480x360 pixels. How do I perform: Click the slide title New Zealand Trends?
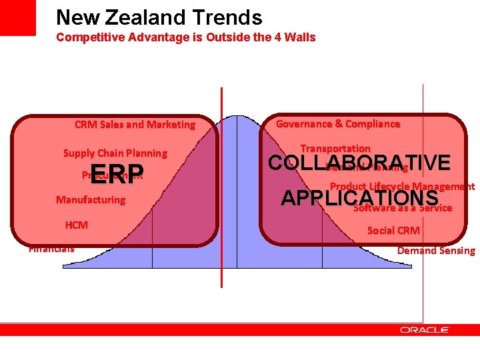(159, 17)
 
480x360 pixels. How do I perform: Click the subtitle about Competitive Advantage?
(185, 37)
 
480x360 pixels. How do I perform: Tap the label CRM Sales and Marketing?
(135, 125)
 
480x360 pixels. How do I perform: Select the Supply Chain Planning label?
(115, 153)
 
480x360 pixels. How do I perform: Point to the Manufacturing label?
(90, 200)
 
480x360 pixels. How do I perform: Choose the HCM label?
(76, 225)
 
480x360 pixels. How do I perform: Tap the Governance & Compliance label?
(337, 124)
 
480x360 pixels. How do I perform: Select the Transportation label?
(335, 148)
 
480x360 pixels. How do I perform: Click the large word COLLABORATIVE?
(359, 163)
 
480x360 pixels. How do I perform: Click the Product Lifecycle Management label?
(402, 187)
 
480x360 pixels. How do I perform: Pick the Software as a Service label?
(403, 208)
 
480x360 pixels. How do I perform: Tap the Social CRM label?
(393, 231)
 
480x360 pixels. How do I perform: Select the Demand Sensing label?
(436, 251)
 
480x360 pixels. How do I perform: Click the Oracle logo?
(424, 329)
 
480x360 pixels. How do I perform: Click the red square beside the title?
(17, 18)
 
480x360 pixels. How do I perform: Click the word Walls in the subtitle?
(300, 37)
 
